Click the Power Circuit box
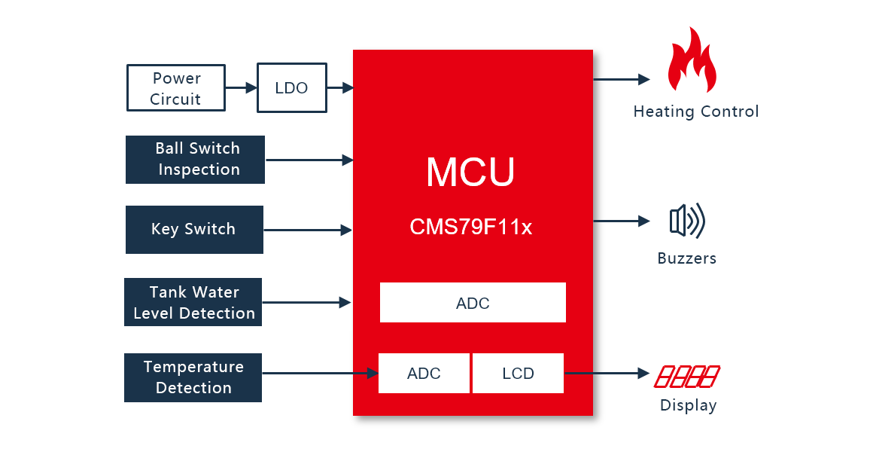coord(176,89)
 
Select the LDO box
coord(292,88)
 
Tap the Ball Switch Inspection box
coord(195,160)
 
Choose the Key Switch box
coord(194,230)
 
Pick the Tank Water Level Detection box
coord(193,303)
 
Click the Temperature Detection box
coord(193,377)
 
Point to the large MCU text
coord(470,172)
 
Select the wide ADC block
coord(473,303)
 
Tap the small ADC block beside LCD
coord(424,374)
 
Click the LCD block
coord(518,374)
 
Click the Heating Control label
coord(695,112)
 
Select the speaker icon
coord(686,221)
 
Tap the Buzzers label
coord(686,258)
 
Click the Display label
coord(688,405)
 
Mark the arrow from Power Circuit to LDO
coord(241,88)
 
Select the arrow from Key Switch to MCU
coord(308,230)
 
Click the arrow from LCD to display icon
coord(606,373)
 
